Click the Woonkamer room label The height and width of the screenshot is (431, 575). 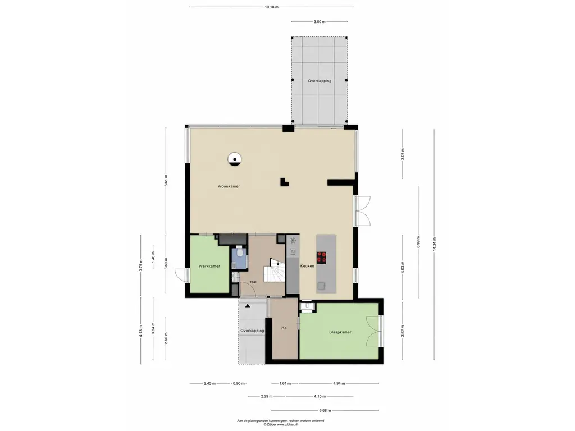pos(229,186)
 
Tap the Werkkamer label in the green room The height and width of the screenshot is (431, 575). pos(209,266)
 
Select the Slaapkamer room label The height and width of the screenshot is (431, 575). pos(340,332)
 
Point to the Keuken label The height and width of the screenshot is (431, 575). pos(307,266)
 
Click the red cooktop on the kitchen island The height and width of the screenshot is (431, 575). pos(322,257)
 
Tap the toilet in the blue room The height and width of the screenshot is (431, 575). pos(239,252)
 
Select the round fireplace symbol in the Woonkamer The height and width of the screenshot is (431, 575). pos(234,159)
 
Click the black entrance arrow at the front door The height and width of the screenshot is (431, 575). pos(248,305)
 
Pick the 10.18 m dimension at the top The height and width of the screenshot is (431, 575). pos(271,7)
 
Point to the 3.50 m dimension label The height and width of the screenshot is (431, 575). pos(320,22)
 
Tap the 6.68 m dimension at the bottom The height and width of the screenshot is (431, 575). pos(325,410)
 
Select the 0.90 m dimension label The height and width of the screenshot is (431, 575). pos(239,384)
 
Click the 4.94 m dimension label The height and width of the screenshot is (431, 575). pos(339,384)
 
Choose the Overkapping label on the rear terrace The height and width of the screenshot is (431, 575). pos(320,81)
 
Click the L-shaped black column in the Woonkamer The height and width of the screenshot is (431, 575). pos(284,182)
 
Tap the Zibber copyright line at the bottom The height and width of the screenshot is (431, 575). pos(281,424)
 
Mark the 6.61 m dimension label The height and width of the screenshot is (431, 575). pos(166,180)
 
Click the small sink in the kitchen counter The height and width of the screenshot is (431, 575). pos(293,251)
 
